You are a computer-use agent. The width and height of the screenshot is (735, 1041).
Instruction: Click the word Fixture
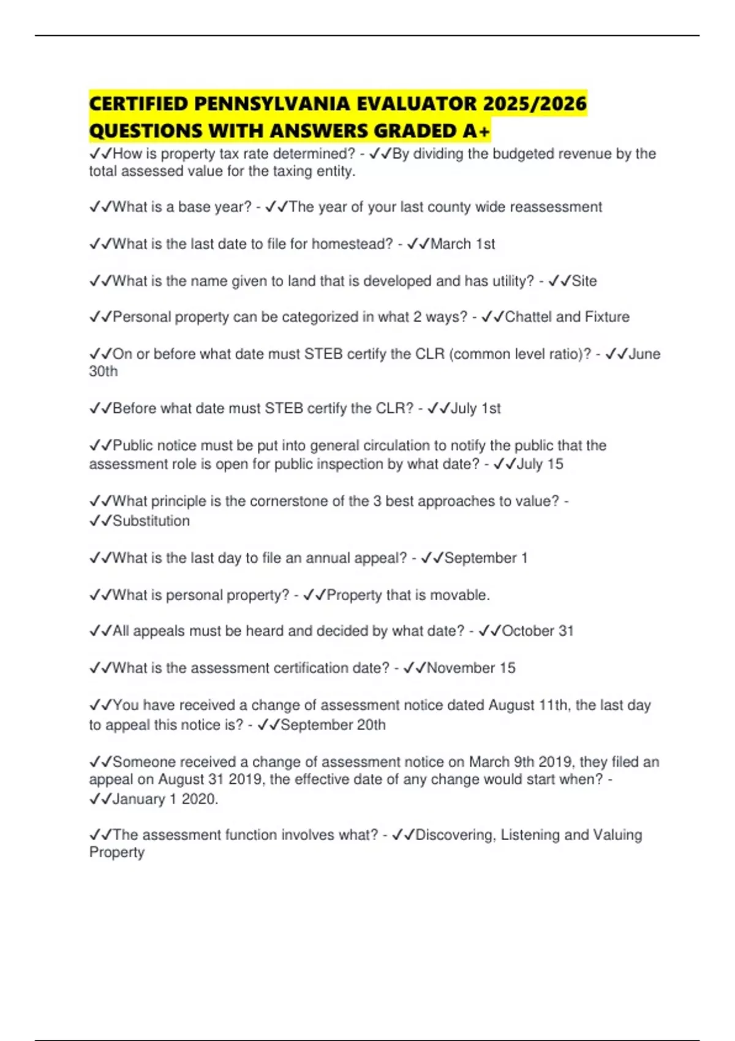[607, 317]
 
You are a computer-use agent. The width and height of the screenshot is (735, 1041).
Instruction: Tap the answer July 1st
[475, 408]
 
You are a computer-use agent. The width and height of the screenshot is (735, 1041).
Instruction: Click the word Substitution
[151, 520]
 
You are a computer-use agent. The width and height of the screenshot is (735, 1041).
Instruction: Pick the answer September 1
[486, 558]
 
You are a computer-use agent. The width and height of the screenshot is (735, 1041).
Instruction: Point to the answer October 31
[537, 631]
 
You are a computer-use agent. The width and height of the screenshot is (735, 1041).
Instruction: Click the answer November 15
[471, 667]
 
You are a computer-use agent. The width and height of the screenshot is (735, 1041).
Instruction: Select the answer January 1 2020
[165, 799]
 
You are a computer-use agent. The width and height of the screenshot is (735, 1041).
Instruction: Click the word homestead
[352, 244]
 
